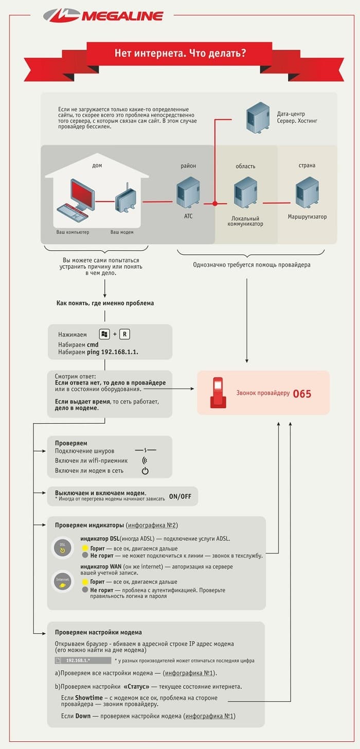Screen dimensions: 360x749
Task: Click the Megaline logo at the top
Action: tap(103, 15)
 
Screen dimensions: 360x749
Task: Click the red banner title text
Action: tap(180, 53)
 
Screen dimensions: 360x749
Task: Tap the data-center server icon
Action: tap(258, 118)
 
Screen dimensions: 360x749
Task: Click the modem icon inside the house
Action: tap(126, 199)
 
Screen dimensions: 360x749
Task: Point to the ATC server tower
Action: tap(188, 192)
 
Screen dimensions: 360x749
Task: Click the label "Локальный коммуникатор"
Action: tap(245, 221)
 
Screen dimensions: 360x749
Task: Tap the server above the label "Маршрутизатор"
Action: tap(307, 192)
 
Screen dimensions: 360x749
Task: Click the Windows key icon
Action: tap(104, 334)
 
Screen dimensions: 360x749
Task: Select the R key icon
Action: tap(125, 334)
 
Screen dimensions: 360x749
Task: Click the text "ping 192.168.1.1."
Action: tap(113, 352)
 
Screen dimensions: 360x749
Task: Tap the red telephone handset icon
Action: tap(218, 393)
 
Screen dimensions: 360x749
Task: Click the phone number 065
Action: tap(302, 394)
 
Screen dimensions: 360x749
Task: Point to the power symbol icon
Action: tap(145, 471)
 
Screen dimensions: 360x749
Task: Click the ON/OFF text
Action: tap(180, 496)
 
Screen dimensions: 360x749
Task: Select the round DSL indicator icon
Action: tap(63, 547)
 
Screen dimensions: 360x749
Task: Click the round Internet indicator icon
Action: tap(63, 582)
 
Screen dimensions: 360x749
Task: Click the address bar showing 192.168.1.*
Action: tap(83, 660)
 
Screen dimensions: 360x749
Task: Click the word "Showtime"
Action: tap(88, 698)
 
